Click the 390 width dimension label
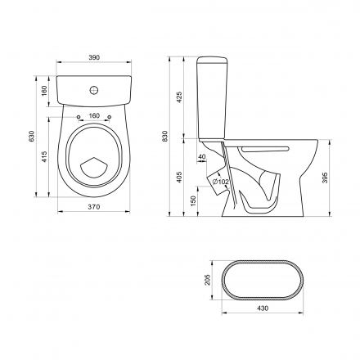coord(94,57)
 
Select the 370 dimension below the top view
coord(94,207)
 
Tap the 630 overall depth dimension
coord(32,136)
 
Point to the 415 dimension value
coord(44,157)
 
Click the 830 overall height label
coord(165,136)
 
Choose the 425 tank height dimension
coord(179,97)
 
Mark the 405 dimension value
coord(179,178)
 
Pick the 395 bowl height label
coord(325,178)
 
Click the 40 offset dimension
coord(202,156)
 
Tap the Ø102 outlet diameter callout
coord(220,182)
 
